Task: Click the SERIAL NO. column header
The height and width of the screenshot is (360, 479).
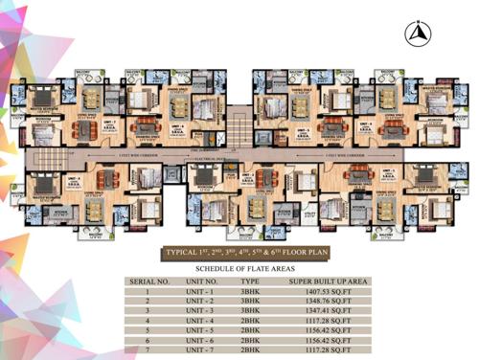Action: coord(149,282)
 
